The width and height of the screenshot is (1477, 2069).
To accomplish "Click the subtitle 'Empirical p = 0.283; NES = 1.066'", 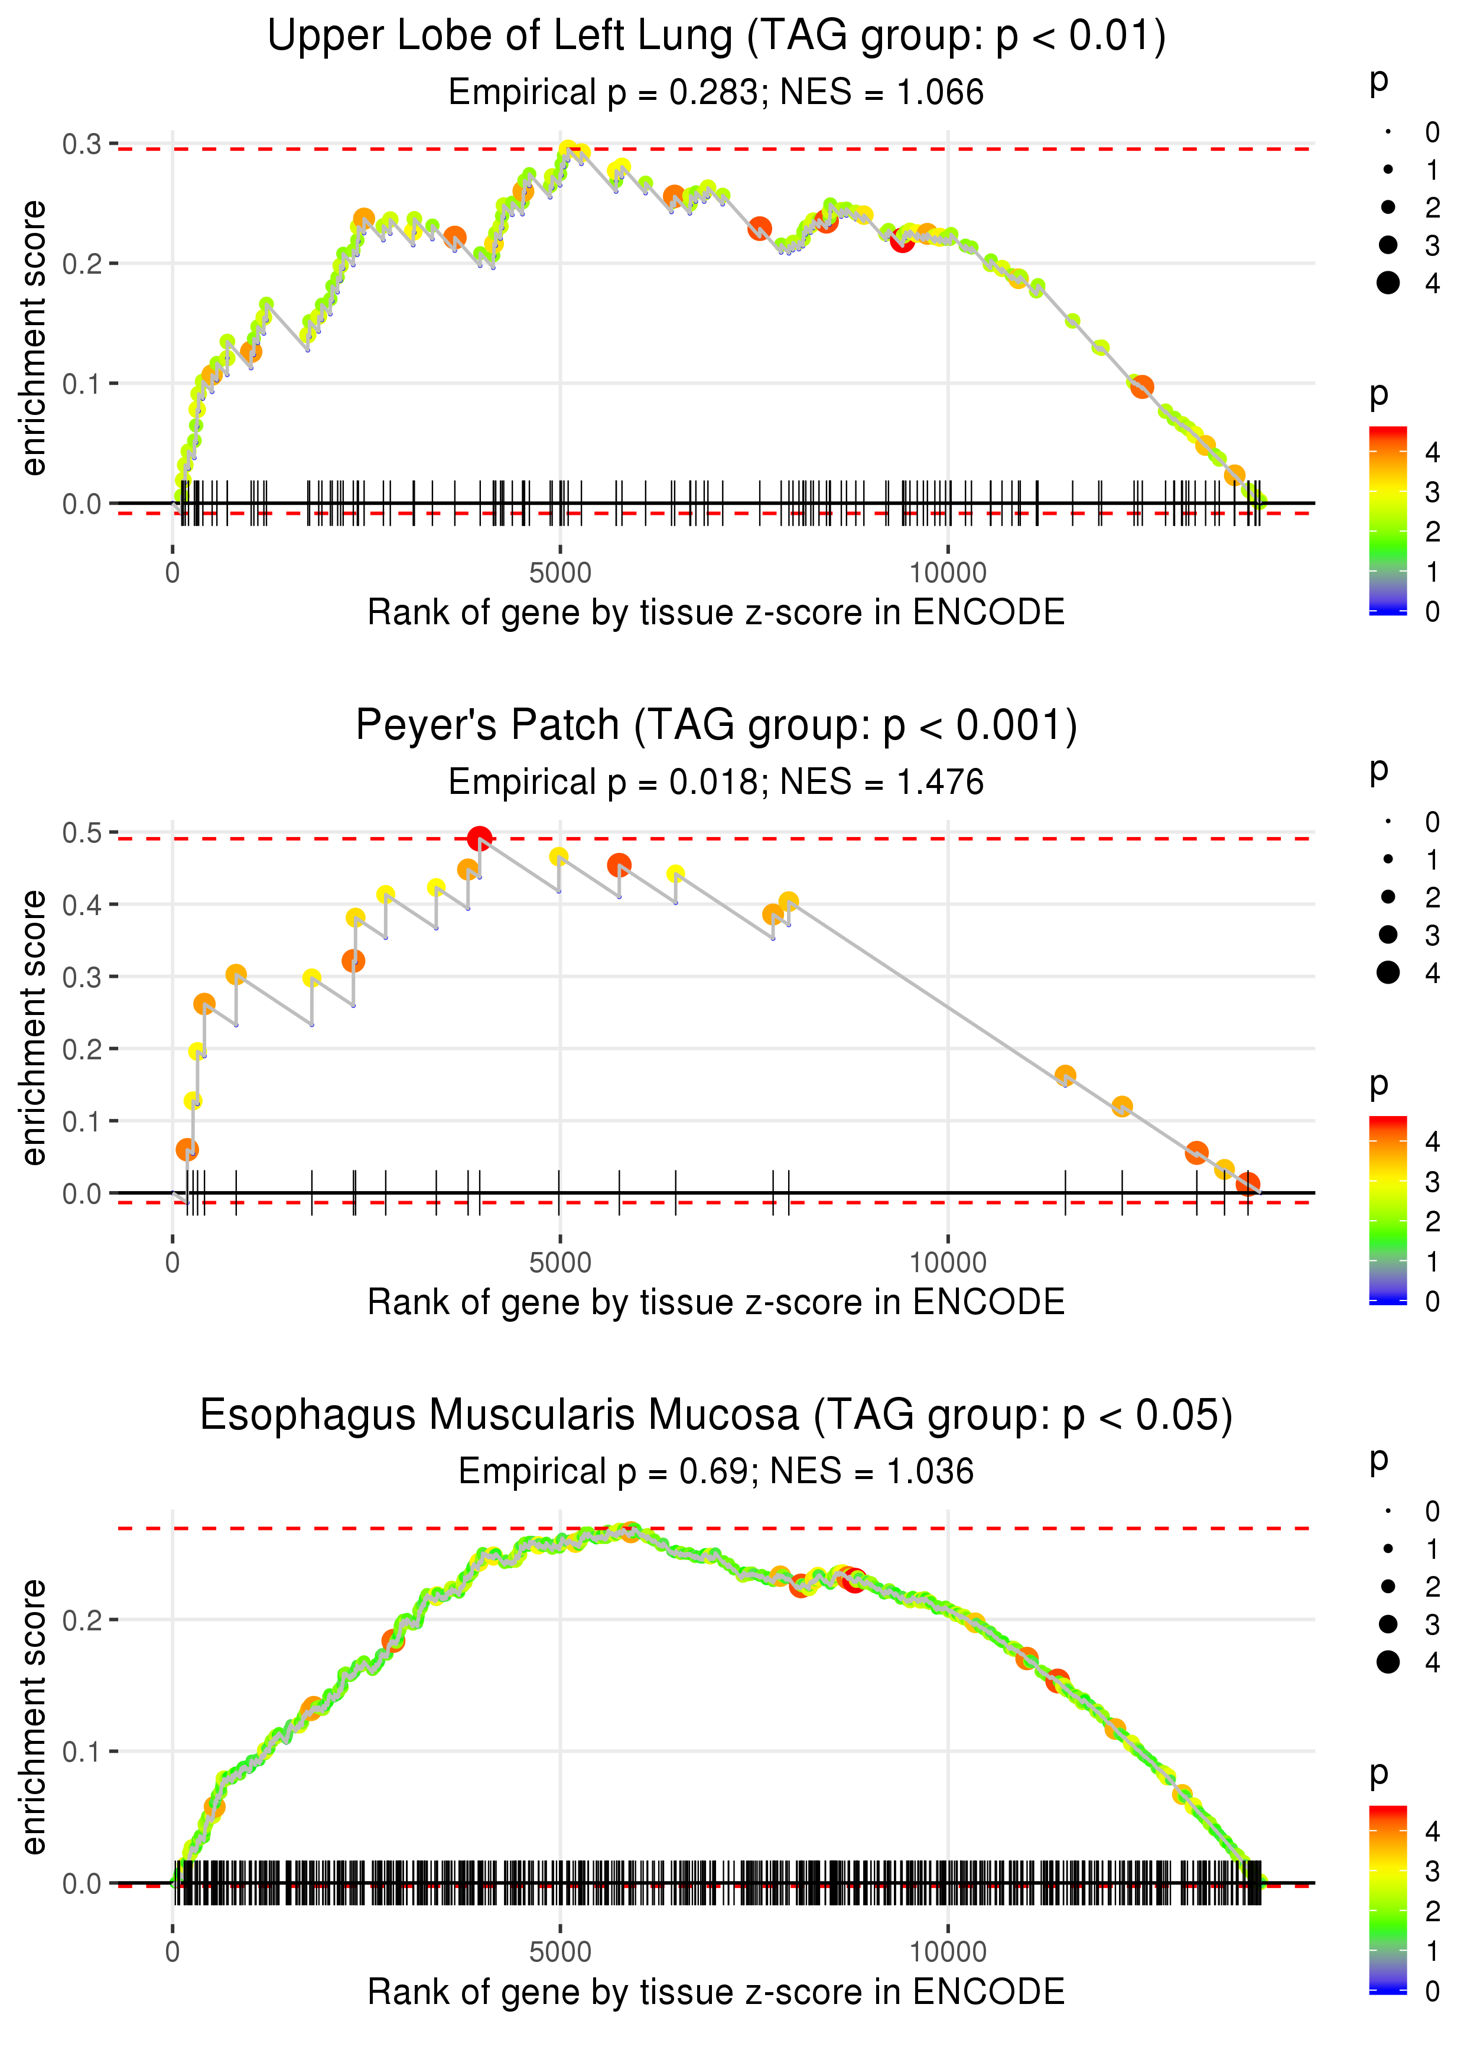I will (x=716, y=93).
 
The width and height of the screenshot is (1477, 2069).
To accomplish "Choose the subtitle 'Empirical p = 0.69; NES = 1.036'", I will (x=716, y=1471).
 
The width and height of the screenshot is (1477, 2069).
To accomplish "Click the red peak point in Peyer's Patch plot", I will (x=479, y=838).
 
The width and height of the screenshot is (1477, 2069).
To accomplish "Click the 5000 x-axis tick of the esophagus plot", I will (x=559, y=1951).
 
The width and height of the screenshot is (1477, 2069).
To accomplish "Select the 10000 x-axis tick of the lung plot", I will (x=948, y=573).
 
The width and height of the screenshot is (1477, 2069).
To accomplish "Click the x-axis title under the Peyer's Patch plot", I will (x=716, y=1302).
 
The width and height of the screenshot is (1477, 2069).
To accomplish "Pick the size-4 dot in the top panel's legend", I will (x=1388, y=283).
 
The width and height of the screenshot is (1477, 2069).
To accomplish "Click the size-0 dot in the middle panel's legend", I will (x=1388, y=822).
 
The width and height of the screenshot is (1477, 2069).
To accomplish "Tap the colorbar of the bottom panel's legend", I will (x=1388, y=1899).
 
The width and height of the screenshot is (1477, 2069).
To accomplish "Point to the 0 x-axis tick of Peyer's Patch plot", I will (x=173, y=1262).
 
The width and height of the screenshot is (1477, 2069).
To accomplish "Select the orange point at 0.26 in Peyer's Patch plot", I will (x=204, y=1004).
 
